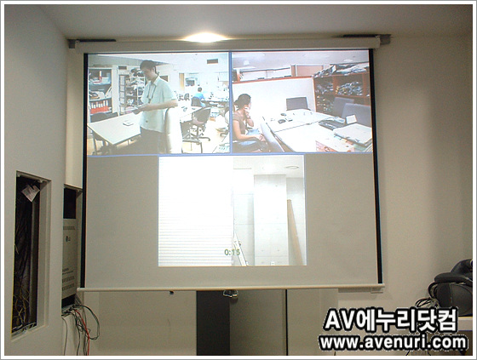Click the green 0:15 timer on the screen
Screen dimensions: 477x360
tap(232, 252)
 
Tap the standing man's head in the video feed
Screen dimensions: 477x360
tap(148, 68)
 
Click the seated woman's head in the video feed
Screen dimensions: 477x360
tap(244, 102)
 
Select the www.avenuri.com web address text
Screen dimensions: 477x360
tap(393, 343)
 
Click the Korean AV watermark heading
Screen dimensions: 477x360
tap(390, 320)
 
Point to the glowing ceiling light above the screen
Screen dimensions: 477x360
tap(204, 37)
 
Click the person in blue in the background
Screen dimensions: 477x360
tap(199, 94)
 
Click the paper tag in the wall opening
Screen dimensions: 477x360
tap(30, 192)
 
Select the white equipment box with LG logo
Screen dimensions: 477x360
tap(70, 259)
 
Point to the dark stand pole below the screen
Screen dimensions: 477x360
tap(212, 323)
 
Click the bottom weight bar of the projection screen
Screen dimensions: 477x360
tap(231, 288)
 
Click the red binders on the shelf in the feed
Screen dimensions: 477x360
tap(99, 106)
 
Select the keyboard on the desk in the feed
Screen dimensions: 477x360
tap(331, 124)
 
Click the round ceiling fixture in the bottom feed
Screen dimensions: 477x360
tap(291, 167)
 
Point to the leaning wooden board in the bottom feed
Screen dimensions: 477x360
tap(295, 232)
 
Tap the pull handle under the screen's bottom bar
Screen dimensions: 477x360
tap(230, 294)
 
